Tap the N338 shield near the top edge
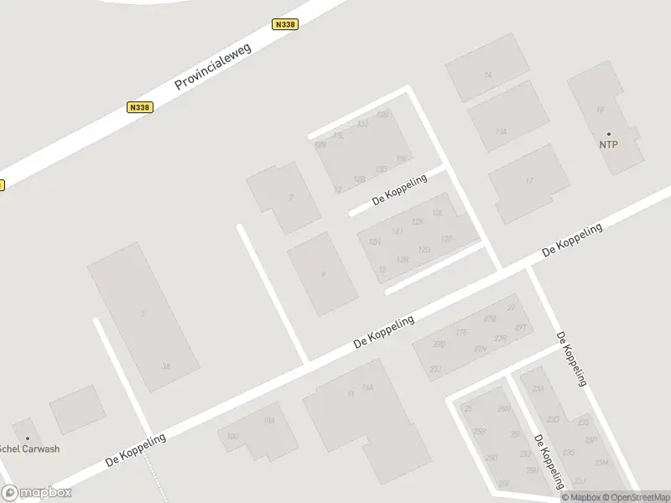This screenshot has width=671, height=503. [283, 25]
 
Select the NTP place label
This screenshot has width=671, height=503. [609, 144]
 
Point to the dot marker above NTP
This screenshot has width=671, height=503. [609, 133]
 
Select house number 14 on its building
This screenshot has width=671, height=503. [487, 75]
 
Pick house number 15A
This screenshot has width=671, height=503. [501, 132]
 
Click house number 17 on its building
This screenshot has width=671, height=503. [528, 181]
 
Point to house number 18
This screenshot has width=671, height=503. [599, 110]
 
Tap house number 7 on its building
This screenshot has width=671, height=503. [290, 199]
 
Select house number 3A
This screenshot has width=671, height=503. [165, 366]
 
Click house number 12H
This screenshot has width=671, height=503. [374, 241]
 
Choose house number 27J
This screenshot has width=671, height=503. [435, 369]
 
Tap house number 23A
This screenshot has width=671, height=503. [538, 389]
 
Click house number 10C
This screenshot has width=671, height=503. [233, 436]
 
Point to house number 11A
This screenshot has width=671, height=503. [367, 386]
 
